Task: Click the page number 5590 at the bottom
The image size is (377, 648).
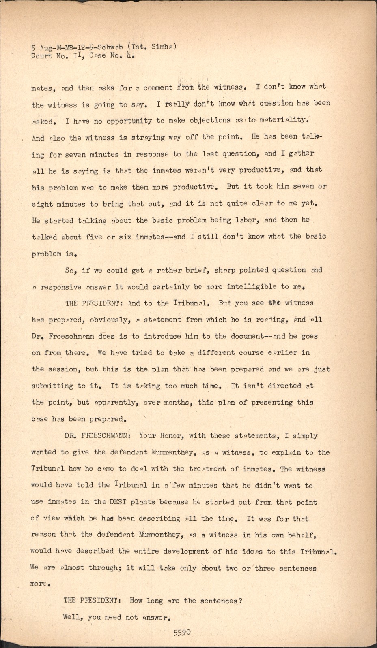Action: [x=182, y=633]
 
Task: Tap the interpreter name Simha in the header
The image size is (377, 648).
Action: [x=162, y=47]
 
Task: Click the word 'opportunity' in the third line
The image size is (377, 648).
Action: [x=129, y=121]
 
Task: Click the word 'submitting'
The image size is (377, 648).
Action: [x=52, y=386]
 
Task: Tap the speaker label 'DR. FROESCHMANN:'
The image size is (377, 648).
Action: [x=97, y=436]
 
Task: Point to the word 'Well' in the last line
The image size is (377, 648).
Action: [x=72, y=618]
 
